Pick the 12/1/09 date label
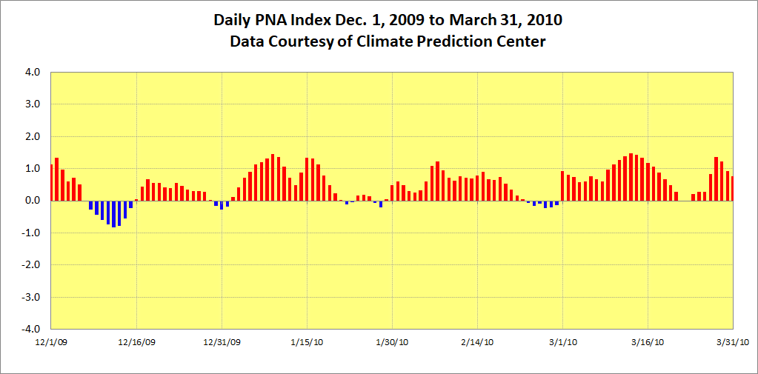51,342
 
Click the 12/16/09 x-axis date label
136,342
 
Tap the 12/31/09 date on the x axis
222,342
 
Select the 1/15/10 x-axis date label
307,342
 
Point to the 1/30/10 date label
392,342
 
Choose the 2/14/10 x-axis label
477,342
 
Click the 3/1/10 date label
562,342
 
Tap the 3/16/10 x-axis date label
648,342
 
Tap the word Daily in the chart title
234,19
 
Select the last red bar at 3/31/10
732,188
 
